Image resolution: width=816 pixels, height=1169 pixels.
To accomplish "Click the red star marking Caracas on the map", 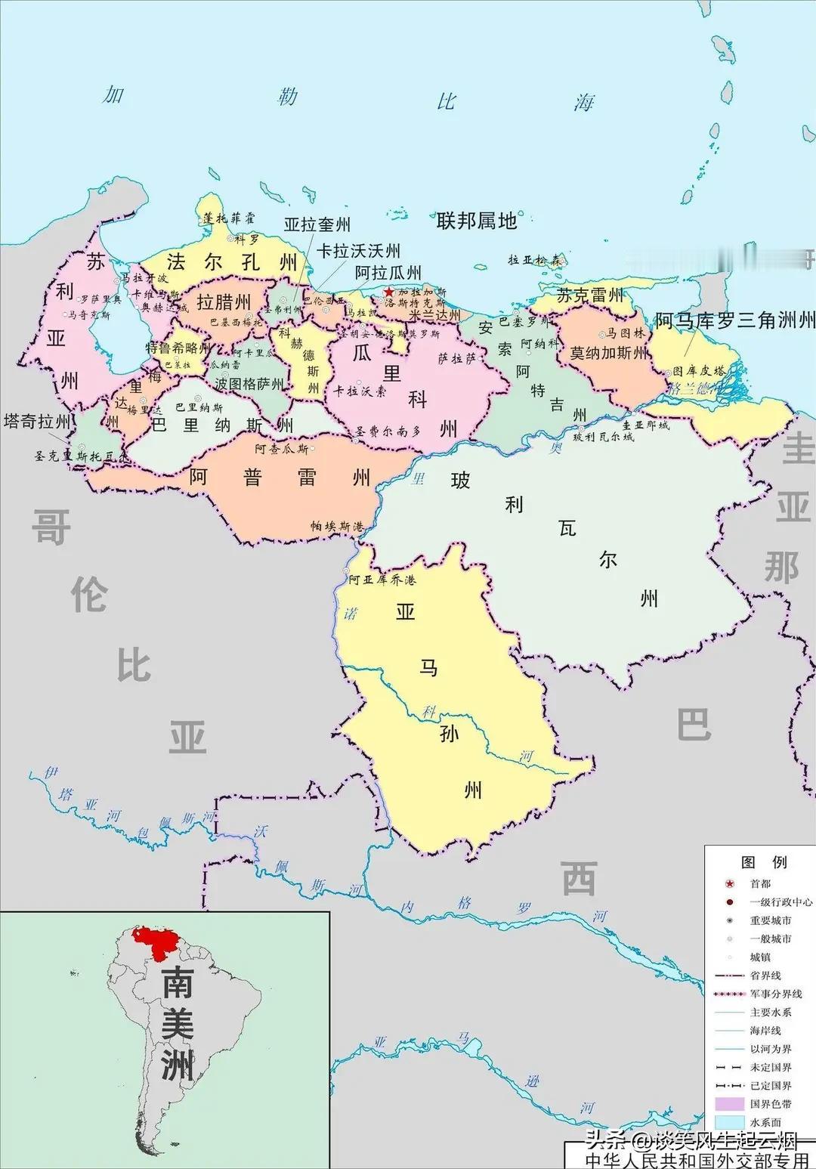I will [389, 292].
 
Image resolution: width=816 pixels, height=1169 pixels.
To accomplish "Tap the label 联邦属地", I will [477, 221].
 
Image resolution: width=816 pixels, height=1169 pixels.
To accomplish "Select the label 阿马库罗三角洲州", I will [734, 320].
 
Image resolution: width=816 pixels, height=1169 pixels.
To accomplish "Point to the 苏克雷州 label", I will [590, 295].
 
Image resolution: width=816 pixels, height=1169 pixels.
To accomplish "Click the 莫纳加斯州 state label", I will [609, 353].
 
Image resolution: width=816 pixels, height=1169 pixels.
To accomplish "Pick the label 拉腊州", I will [224, 302].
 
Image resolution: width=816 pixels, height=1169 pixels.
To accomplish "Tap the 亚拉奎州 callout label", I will [317, 224].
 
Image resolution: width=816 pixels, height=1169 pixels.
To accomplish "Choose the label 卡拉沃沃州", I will [358, 250].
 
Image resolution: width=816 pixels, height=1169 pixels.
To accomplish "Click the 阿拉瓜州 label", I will [388, 272].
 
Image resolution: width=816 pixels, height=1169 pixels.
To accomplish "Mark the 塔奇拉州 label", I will [37, 421].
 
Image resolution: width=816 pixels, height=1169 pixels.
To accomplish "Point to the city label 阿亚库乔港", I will [382, 580].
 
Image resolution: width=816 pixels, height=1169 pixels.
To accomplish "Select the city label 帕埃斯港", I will [337, 526].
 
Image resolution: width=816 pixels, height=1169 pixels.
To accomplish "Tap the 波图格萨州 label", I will [249, 384].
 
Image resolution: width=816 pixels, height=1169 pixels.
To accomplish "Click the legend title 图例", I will [764, 862].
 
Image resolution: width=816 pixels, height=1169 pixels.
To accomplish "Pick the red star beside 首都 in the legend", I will [729, 884].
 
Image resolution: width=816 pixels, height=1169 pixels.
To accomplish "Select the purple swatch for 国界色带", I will [729, 1104].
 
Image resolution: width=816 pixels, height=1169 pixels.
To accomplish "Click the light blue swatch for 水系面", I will [729, 1122].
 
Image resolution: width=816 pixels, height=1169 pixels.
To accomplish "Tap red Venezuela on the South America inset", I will [154, 942].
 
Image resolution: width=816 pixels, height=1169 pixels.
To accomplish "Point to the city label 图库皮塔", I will [698, 371].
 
